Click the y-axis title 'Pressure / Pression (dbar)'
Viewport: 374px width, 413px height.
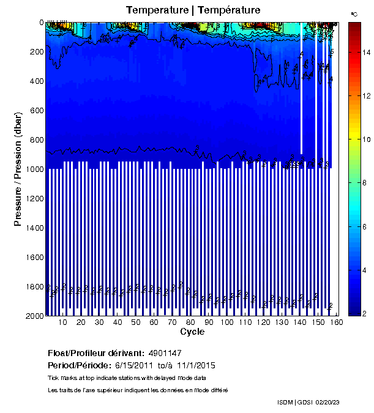pos(18,168)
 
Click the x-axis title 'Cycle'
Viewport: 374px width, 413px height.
pos(193,332)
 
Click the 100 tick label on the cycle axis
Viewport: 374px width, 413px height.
pos(227,323)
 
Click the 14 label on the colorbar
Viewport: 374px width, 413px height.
pos(365,53)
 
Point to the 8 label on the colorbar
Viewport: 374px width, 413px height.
pos(365,140)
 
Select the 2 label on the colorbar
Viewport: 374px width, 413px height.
pos(365,313)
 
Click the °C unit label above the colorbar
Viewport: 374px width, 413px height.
pos(354,13)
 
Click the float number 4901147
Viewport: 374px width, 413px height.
pos(165,354)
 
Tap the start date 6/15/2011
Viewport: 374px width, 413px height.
pos(130,365)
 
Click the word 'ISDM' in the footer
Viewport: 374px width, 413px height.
pos(285,402)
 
